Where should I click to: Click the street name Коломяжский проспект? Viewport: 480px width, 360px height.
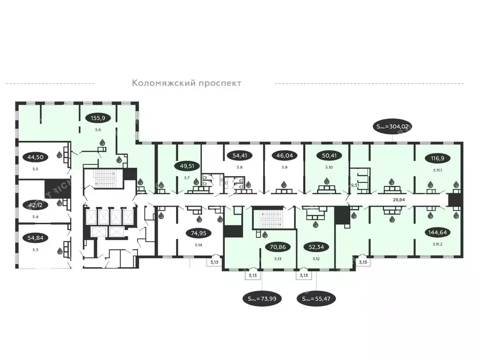[186, 83]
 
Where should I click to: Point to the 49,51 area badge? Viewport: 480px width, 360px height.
[186, 165]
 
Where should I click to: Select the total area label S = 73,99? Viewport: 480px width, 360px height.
[262, 299]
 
